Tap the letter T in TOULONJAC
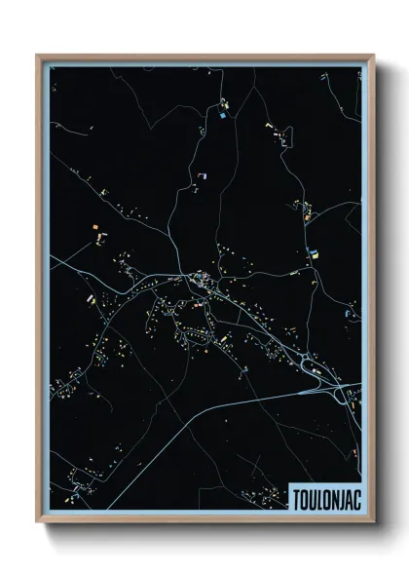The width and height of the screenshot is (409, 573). [295, 498]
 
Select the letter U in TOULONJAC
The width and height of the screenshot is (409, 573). [309, 498]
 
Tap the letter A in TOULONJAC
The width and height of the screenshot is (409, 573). [347, 498]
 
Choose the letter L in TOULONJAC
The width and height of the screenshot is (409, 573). [316, 498]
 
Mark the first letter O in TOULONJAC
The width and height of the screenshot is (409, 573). [302, 498]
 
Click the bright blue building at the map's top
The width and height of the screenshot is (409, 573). [224, 116]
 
